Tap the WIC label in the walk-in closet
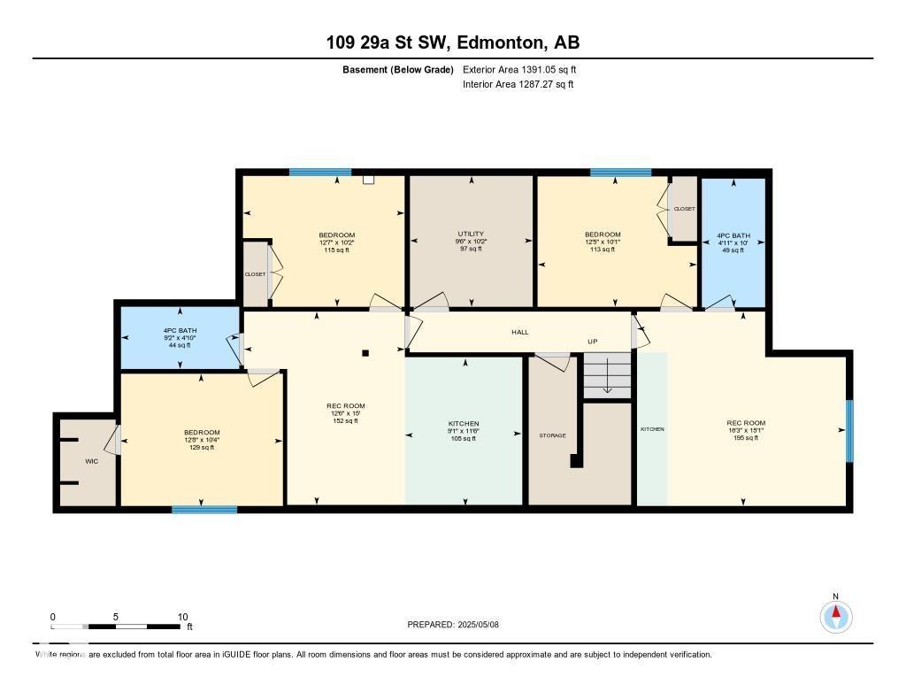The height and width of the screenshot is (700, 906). tap(91, 461)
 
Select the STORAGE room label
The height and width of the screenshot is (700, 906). tap(553, 435)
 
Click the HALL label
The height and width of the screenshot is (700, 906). tap(520, 332)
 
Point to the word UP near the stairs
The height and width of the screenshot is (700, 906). tap(594, 341)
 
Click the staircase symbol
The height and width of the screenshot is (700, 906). tap(607, 376)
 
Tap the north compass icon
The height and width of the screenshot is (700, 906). tap(835, 615)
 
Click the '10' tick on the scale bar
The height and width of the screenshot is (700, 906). tap(182, 617)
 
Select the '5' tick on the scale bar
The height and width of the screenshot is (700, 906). tap(116, 617)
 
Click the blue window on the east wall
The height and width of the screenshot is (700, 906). tap(849, 431)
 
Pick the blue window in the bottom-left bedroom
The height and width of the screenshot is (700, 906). tap(204, 510)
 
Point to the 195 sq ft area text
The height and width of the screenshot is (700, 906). tap(745, 437)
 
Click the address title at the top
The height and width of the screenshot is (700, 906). tap(452, 42)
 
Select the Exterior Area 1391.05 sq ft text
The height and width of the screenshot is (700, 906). tap(519, 69)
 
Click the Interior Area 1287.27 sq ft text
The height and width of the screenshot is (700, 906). tap(518, 85)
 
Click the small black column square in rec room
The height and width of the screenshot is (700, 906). tap(365, 353)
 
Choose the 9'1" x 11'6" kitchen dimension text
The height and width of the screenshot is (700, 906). tap(464, 431)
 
